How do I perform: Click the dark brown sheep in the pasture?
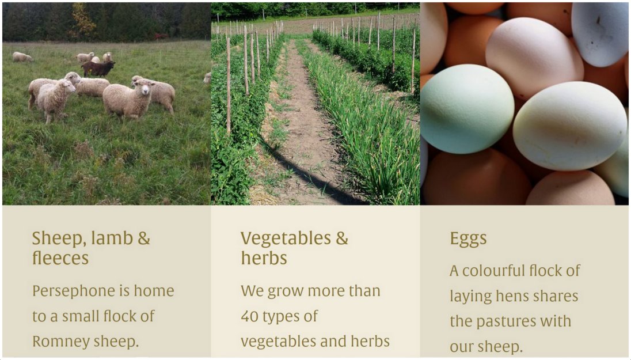pyautogui.click(x=98, y=69)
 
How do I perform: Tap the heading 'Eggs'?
pyautogui.click(x=468, y=239)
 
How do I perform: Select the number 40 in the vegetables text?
pyautogui.click(x=249, y=316)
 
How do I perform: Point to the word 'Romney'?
pyautogui.click(x=61, y=342)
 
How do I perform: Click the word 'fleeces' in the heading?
pyautogui.click(x=60, y=258)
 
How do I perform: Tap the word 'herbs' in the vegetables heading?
pyautogui.click(x=264, y=258)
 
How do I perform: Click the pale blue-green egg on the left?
pyautogui.click(x=467, y=109)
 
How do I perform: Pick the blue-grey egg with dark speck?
pyautogui.click(x=600, y=32)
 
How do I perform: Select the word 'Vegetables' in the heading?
pyautogui.click(x=286, y=238)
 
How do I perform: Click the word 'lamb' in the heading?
pyautogui.click(x=112, y=238)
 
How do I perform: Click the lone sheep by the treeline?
pyautogui.click(x=22, y=57)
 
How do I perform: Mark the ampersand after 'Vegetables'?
pyautogui.click(x=342, y=238)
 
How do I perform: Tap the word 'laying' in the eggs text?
pyautogui.click(x=470, y=297)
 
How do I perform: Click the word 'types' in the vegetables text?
pyautogui.click(x=282, y=317)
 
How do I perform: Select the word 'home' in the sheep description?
pyautogui.click(x=154, y=291)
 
